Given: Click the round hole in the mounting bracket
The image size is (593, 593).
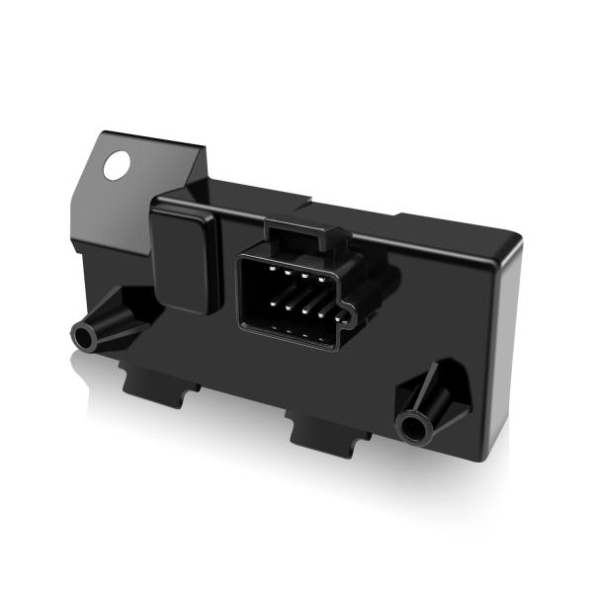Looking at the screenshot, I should (x=117, y=165).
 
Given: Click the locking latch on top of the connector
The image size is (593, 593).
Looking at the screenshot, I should (x=301, y=235).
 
